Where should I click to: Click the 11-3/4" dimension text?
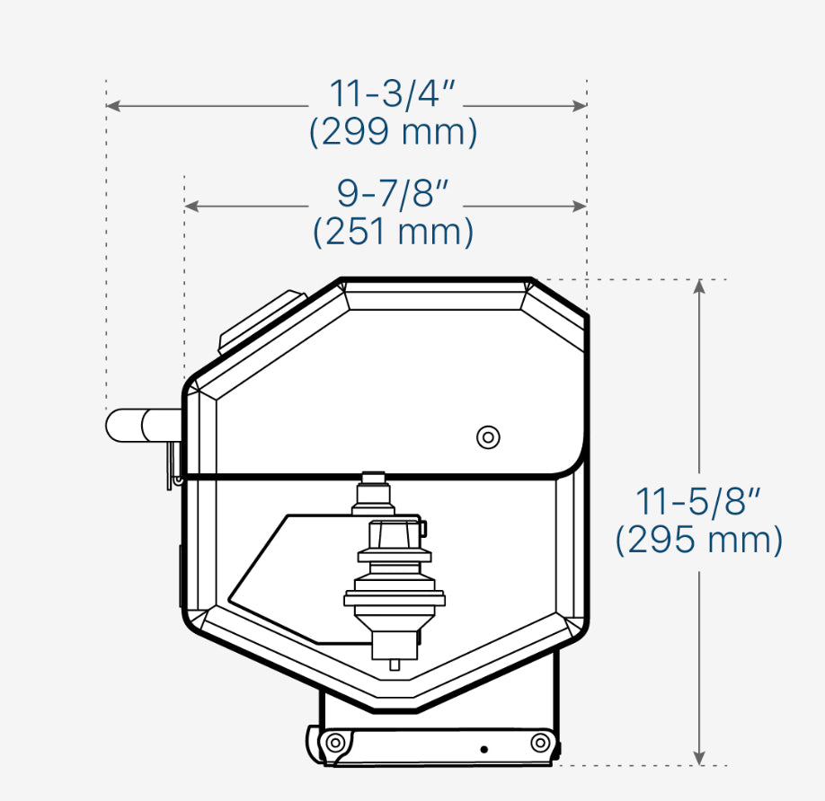[x=392, y=93]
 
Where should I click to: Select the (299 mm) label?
[x=393, y=131]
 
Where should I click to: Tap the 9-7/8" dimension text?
[x=393, y=193]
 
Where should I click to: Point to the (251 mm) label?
[x=393, y=232]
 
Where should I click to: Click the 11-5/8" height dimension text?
[x=698, y=501]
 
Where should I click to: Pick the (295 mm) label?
[x=698, y=540]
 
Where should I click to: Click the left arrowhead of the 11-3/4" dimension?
[x=112, y=106]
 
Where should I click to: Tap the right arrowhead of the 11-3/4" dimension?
[x=580, y=106]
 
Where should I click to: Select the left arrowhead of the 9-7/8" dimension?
[x=191, y=206]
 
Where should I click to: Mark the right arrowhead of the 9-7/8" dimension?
[x=580, y=206]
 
